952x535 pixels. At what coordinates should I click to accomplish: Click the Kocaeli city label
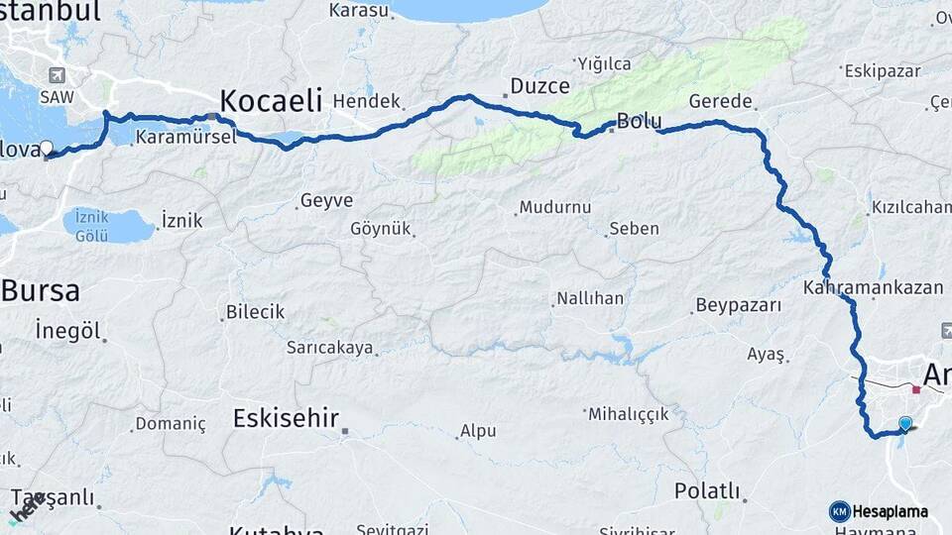pyautogui.click(x=271, y=100)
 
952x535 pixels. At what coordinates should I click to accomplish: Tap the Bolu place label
pyautogui.click(x=639, y=121)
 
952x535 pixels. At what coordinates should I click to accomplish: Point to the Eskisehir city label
pyautogui.click(x=286, y=418)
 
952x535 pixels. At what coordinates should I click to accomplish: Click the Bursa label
pyautogui.click(x=40, y=290)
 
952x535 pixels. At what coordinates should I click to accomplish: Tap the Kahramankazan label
pyautogui.click(x=873, y=287)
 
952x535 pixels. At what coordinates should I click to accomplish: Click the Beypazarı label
pyautogui.click(x=739, y=305)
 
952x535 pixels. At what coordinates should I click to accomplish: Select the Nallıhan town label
pyautogui.click(x=589, y=298)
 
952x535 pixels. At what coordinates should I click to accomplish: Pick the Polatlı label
pyautogui.click(x=707, y=490)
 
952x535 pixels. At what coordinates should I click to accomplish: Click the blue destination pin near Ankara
pyautogui.click(x=904, y=424)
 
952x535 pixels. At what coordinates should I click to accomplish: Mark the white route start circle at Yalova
pyautogui.click(x=46, y=148)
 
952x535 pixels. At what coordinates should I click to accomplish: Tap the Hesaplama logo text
pyautogui.click(x=891, y=511)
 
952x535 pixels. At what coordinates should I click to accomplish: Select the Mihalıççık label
pyautogui.click(x=629, y=413)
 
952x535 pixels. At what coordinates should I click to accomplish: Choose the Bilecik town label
pyautogui.click(x=255, y=312)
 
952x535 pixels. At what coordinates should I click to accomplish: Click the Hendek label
pyautogui.click(x=367, y=101)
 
